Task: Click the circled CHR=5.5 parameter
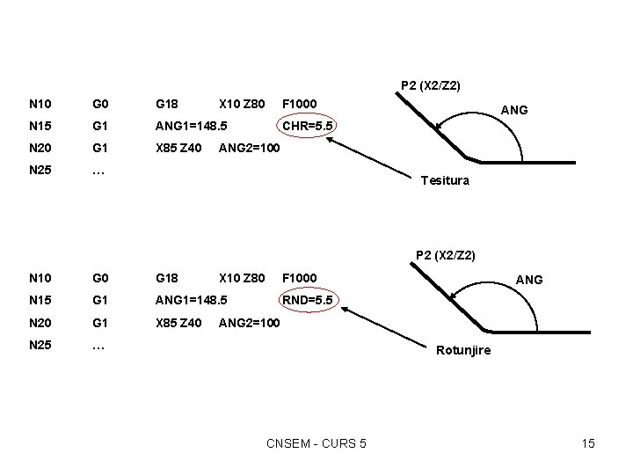(307, 126)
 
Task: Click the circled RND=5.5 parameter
(307, 301)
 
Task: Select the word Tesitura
(445, 180)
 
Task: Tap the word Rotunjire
(464, 350)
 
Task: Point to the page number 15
(588, 443)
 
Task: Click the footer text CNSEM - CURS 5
(316, 443)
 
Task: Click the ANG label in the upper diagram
(513, 110)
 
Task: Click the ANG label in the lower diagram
(528, 280)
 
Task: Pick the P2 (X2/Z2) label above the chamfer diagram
(431, 85)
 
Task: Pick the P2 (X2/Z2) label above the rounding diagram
(446, 256)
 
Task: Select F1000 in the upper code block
(300, 105)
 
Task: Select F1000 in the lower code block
(300, 279)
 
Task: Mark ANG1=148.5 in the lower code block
(191, 301)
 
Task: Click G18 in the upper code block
(167, 105)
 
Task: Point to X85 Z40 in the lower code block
(178, 323)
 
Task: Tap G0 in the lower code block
(99, 279)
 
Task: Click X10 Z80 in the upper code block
(242, 105)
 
